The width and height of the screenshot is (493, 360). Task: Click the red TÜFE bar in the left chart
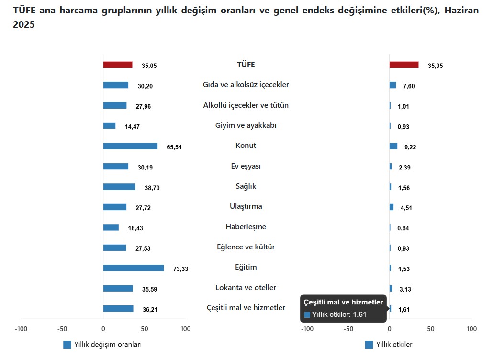tap(118, 65)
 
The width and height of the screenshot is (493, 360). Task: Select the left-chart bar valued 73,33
tap(134, 268)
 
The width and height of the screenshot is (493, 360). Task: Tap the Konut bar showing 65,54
tap(130, 146)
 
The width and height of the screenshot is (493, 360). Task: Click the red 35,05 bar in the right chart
tap(404, 65)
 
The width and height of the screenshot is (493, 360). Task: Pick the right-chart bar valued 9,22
tap(393, 146)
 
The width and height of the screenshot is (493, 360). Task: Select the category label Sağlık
tap(246, 186)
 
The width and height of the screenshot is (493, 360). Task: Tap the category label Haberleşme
tap(246, 227)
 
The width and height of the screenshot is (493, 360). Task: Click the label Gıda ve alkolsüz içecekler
tap(246, 85)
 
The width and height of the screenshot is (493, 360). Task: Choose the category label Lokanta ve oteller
tap(246, 288)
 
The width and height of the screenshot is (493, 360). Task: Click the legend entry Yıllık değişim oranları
tap(107, 345)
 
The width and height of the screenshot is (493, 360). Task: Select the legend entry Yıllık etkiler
tap(394, 345)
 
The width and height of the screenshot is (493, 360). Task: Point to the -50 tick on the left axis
tap(62, 329)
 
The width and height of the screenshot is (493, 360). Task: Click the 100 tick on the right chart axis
tap(471, 329)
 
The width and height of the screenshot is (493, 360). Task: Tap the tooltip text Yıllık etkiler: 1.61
tap(339, 315)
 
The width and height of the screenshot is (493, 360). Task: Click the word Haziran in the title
tap(461, 10)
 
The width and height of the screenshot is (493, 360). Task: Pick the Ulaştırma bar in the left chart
tap(115, 207)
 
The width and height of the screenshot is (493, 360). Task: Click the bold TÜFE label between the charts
tap(246, 65)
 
